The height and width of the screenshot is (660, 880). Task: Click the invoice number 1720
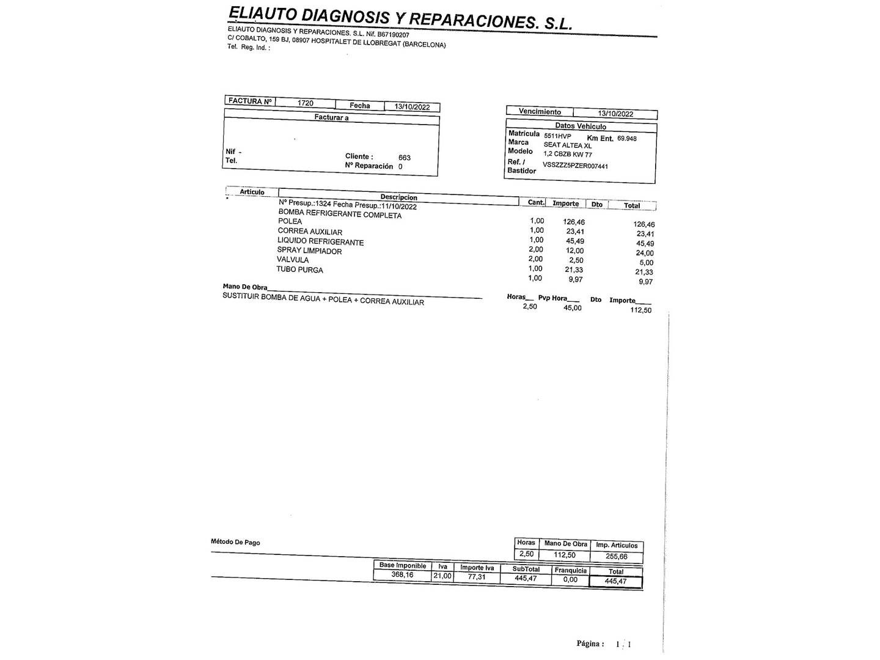[x=305, y=103]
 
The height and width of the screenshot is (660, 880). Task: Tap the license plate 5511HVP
[x=557, y=136]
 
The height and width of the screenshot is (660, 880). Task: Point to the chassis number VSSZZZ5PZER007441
[x=575, y=166]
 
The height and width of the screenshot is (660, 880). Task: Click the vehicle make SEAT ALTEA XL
[x=568, y=145]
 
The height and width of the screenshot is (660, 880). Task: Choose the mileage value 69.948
[x=626, y=139]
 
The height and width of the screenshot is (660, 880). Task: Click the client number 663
[x=404, y=158]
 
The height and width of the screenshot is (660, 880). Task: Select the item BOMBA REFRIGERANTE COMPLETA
[x=340, y=214]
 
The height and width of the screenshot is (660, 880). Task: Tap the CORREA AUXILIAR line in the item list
[x=310, y=232]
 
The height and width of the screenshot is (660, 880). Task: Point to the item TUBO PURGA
[x=299, y=269]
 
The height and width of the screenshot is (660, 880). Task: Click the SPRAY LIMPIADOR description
[x=309, y=251]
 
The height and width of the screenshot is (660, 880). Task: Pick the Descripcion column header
[x=398, y=197]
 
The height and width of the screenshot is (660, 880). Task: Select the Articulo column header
[x=252, y=192]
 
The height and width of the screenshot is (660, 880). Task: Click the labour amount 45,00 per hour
[x=572, y=308]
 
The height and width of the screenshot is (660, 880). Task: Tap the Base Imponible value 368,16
[x=402, y=575]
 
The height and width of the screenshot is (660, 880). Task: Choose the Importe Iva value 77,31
[x=477, y=577]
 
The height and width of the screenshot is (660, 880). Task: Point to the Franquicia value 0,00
[x=570, y=579]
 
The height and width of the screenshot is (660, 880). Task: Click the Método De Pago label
[x=235, y=542]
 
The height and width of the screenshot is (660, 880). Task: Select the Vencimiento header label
[x=540, y=112]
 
